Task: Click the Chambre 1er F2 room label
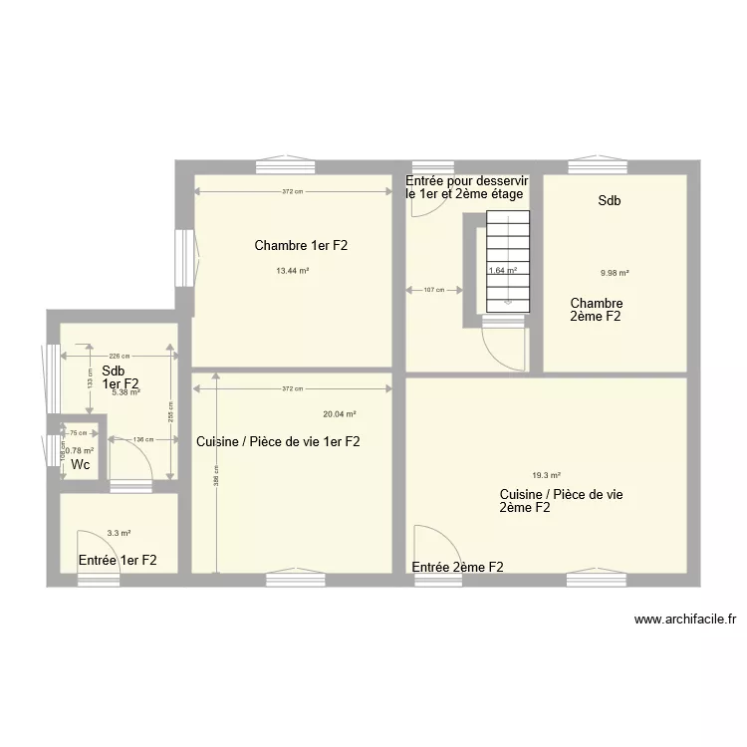click(300, 245)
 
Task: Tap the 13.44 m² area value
click(292, 270)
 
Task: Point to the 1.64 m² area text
click(502, 270)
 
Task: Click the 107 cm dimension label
click(434, 291)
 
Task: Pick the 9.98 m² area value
click(615, 273)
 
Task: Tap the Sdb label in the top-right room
click(610, 201)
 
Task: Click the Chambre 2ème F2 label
click(597, 310)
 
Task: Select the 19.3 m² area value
click(546, 475)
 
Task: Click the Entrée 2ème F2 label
click(457, 567)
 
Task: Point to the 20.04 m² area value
click(340, 414)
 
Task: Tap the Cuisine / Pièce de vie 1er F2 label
click(278, 441)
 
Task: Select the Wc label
click(81, 465)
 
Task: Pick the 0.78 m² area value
click(80, 450)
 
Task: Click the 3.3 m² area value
click(120, 534)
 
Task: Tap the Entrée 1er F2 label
click(118, 560)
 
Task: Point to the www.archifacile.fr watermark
click(685, 619)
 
